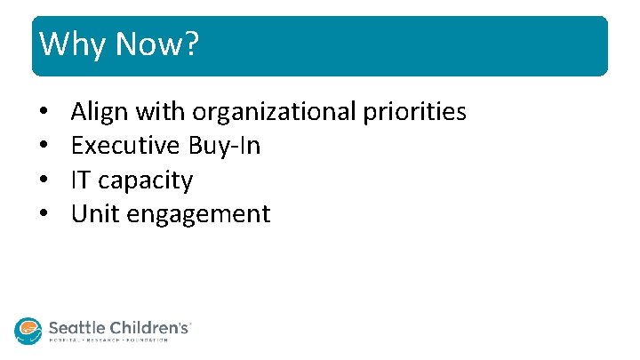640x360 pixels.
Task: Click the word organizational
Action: pyautogui.click(x=273, y=112)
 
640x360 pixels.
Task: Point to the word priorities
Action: pyautogui.click(x=414, y=112)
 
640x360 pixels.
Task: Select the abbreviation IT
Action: pyautogui.click(x=81, y=180)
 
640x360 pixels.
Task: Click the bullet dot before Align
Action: pyautogui.click(x=43, y=113)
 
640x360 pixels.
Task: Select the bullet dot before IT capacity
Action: pyautogui.click(x=43, y=180)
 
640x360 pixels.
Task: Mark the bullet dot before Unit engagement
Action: pyautogui.click(x=43, y=214)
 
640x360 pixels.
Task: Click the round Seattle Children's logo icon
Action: pyautogui.click(x=28, y=331)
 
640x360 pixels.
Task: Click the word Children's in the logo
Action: pyautogui.click(x=148, y=327)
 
